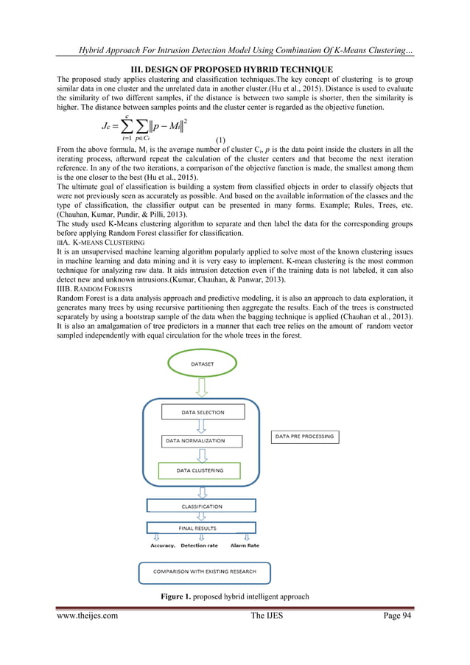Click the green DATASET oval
point(203,364)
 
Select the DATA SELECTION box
point(203,413)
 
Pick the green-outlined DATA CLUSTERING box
point(200,470)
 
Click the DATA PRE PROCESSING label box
point(304,436)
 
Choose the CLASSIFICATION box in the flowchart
point(202,506)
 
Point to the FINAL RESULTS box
point(202,529)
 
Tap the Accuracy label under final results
point(163,546)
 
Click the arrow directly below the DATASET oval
point(203,387)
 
